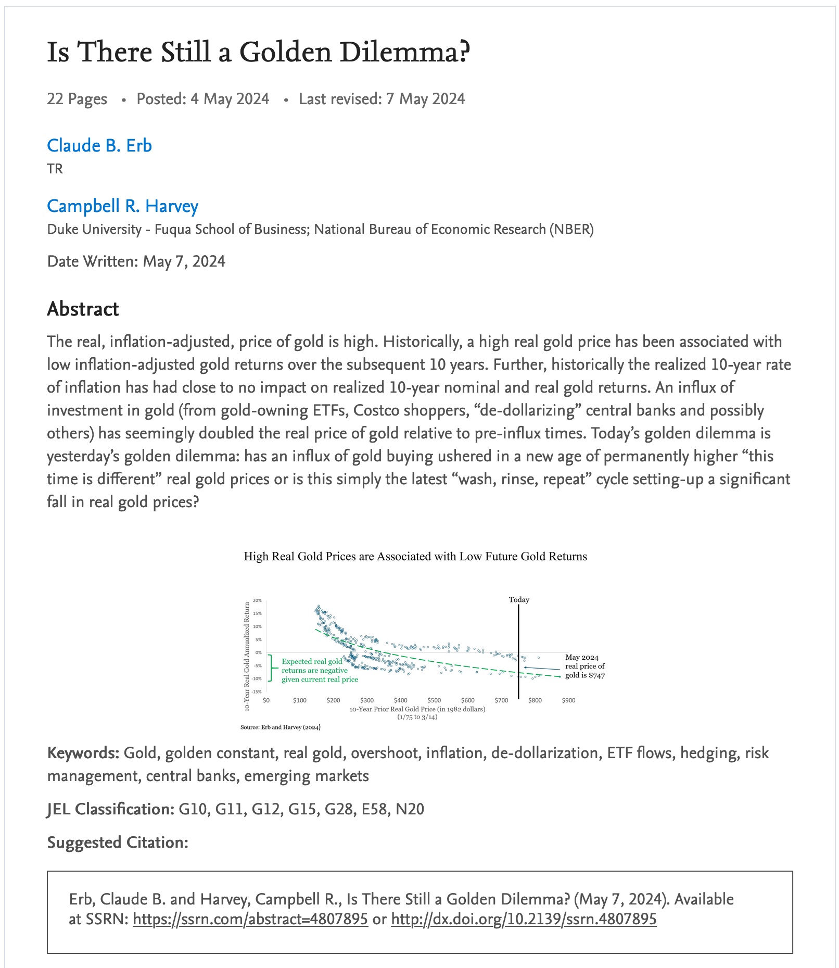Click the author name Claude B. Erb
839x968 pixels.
click(99, 145)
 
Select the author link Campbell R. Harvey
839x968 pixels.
click(122, 206)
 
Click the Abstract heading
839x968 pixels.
click(83, 309)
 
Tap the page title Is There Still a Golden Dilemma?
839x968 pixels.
click(258, 52)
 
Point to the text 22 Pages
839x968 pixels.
click(77, 99)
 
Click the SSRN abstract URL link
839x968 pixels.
click(250, 919)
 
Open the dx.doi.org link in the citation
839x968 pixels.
click(523, 919)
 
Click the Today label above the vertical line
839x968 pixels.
click(519, 599)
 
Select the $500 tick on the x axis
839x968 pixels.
click(434, 700)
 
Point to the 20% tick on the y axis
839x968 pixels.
click(258, 600)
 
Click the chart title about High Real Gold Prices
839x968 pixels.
click(415, 557)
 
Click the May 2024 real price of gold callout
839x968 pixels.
click(584, 666)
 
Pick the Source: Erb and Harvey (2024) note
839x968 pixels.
click(280, 727)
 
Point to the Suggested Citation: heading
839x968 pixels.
click(118, 842)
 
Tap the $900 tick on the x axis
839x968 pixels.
click(568, 700)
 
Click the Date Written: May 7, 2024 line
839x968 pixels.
click(136, 261)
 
